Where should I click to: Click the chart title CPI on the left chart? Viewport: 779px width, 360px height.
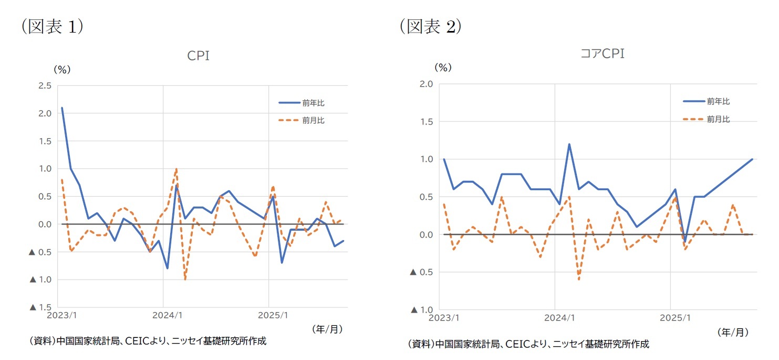(199, 56)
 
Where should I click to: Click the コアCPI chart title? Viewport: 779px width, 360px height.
(602, 54)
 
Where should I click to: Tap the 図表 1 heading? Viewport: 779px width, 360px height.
(52, 27)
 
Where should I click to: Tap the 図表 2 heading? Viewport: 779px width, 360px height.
(430, 27)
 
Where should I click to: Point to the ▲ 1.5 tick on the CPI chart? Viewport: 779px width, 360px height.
(39, 307)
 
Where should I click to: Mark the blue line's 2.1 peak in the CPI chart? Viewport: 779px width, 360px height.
(62, 108)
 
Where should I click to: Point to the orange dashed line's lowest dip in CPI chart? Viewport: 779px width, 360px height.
(185, 280)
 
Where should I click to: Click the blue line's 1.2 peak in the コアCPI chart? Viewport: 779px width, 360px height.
(569, 144)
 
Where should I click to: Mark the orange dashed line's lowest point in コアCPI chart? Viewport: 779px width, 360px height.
(579, 279)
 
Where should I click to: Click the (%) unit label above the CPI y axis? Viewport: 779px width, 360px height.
(62, 69)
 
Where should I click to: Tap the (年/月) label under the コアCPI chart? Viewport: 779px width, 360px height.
(732, 332)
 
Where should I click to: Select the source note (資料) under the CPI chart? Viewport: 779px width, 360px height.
(148, 341)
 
